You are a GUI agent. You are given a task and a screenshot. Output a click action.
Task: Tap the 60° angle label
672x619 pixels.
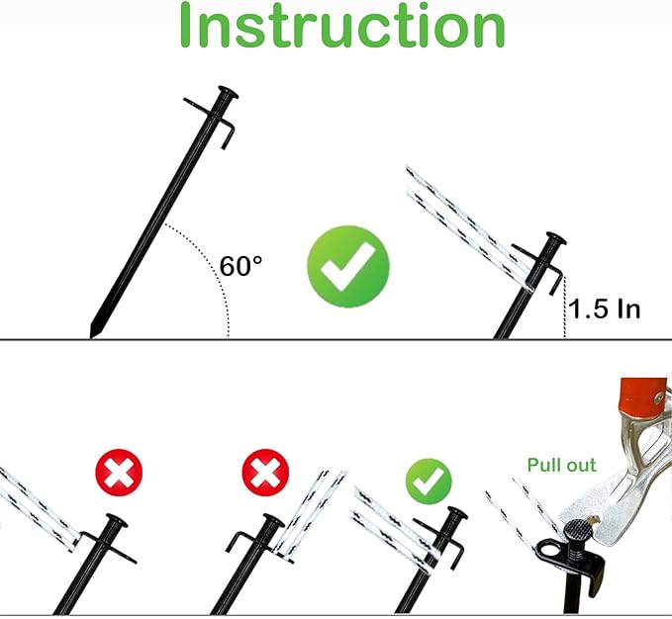click(241, 266)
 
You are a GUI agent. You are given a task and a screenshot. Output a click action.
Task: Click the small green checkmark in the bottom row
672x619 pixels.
click(429, 482)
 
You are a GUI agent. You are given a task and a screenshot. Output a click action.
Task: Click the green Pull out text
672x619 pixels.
click(561, 464)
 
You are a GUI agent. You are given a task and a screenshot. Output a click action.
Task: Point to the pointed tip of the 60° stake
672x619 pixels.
click(93, 331)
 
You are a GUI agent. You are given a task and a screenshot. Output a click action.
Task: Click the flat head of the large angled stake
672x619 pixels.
click(226, 96)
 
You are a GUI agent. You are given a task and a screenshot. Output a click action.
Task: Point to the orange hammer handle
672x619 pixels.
click(644, 405)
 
